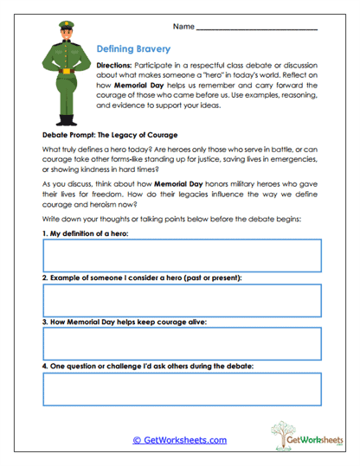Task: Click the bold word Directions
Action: coord(113,67)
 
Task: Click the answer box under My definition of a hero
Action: coord(182,256)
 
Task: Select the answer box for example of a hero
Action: coord(182,300)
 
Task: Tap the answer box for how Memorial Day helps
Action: coord(182,344)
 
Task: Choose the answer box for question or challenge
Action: coord(182,389)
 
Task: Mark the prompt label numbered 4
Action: coord(147,367)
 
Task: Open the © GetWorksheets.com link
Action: coord(180,440)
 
